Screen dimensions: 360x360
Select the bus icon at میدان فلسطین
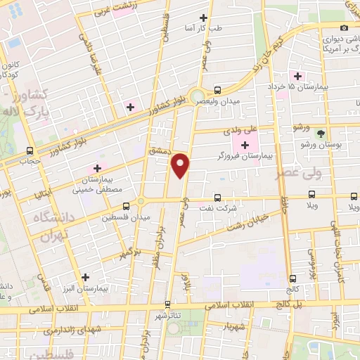pos(126,207)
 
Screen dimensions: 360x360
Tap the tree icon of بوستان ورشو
pos(321,133)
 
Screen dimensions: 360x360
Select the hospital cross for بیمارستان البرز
pos(86,277)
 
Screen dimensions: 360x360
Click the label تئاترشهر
pos(167,316)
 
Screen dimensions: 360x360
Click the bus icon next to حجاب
pos(30,150)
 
